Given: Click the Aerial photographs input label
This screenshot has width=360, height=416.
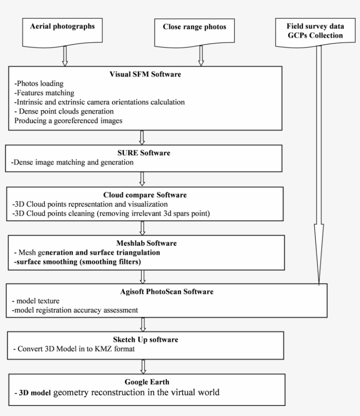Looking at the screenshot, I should (x=62, y=26).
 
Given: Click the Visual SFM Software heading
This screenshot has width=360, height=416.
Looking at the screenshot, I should (x=145, y=74).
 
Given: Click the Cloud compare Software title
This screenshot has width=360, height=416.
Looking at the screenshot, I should (x=142, y=195).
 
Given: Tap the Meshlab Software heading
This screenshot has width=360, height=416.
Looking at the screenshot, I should (x=143, y=244).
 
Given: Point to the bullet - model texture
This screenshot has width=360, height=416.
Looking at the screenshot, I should (x=34, y=301).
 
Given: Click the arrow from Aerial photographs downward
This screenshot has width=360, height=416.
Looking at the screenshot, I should (x=65, y=55).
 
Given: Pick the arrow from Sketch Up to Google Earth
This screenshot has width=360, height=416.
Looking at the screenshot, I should (x=142, y=366).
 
